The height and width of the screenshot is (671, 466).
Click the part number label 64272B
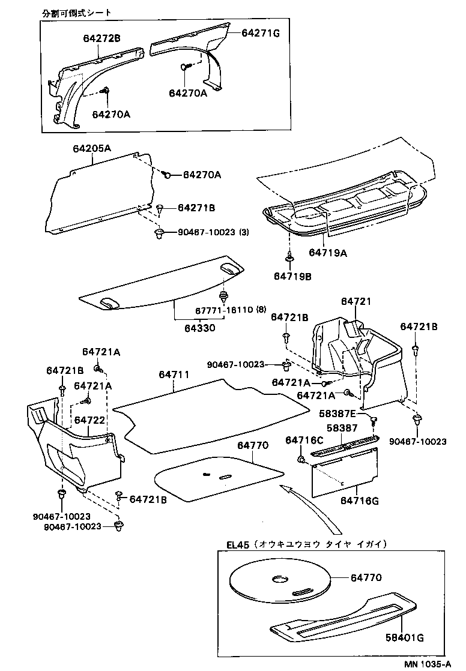(x=101, y=38)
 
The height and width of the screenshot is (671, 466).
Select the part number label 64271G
(x=261, y=33)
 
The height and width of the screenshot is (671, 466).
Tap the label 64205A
(x=92, y=148)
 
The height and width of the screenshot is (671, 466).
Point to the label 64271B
(x=196, y=208)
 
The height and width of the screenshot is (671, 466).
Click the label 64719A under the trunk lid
(x=328, y=253)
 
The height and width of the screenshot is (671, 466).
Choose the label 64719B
(x=292, y=276)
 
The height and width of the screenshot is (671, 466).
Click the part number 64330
(x=201, y=328)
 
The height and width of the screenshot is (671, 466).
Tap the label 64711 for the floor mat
(x=174, y=375)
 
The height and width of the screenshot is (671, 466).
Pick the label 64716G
(x=359, y=501)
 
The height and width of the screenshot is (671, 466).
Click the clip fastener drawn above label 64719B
(x=289, y=257)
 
